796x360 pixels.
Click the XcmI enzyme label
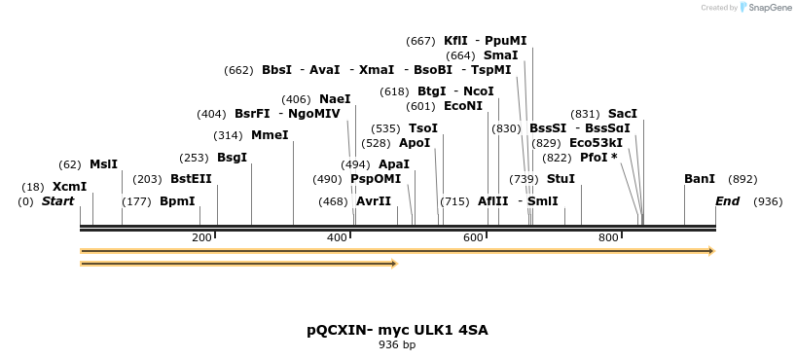coord(69,187)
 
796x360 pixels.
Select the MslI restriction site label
coord(103,164)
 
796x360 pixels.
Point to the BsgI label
coord(232,157)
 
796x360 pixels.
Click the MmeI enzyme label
coord(270,135)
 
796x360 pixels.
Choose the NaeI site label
coord(335,99)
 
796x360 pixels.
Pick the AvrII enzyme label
coord(374,201)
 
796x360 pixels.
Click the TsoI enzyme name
coord(423,128)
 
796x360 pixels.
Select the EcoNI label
coord(463,106)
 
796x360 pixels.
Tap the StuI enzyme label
coord(561,179)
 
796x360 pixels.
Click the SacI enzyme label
coord(623,114)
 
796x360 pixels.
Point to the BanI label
coord(700,179)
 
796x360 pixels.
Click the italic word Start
coord(57,201)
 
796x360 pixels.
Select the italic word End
coord(727,201)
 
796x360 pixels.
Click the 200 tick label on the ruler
coord(201,238)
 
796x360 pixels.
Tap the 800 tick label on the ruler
coord(608,238)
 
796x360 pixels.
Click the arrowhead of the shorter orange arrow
coord(394,264)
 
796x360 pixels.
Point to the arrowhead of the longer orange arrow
coord(711,251)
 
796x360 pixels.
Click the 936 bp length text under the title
coord(397,344)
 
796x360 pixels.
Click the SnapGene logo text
coord(769,8)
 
